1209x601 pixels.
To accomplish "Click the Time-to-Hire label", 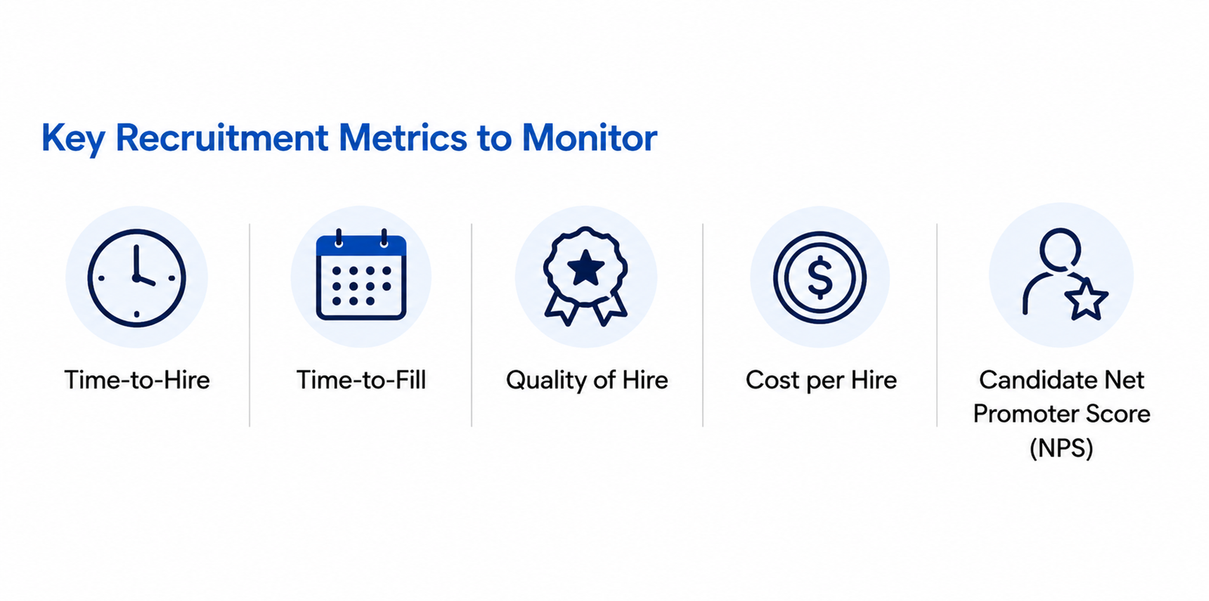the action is point(137,380).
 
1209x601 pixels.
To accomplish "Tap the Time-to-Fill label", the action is point(361,380).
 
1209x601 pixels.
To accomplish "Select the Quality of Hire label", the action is point(586,381).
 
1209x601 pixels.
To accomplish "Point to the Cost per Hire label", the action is point(821,381).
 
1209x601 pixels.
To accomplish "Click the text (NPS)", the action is point(1061,448).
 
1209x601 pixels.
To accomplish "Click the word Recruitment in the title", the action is point(222,138).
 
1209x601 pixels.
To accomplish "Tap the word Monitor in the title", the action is point(589,138).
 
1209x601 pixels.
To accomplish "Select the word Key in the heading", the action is point(73,139).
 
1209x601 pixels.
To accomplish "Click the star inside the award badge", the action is point(586,268).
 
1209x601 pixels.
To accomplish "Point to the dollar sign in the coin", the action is point(820,278).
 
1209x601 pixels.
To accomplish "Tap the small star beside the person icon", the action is point(1086,299).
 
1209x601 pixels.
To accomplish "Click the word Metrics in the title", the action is point(403,138).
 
